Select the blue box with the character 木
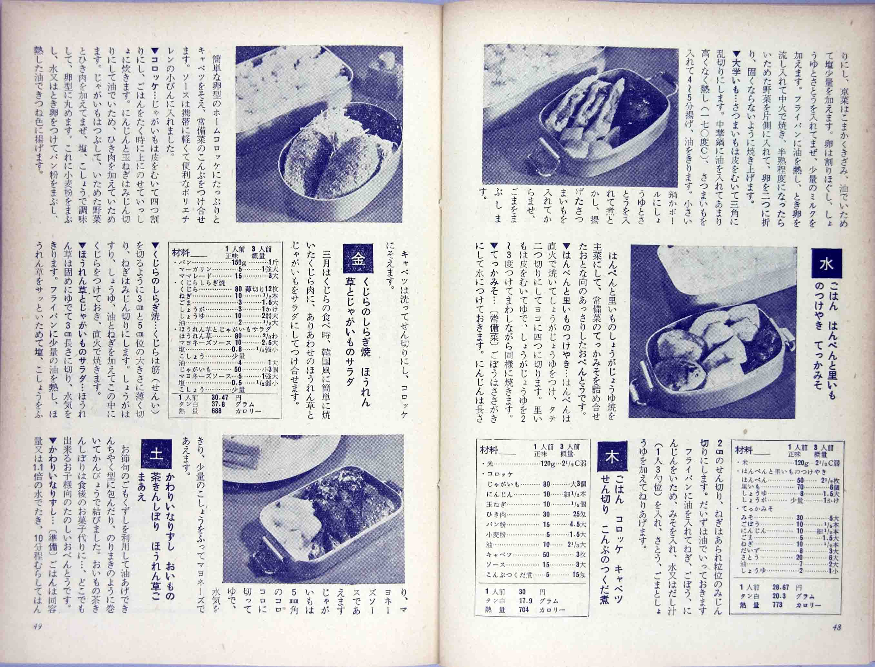tap(612, 457)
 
